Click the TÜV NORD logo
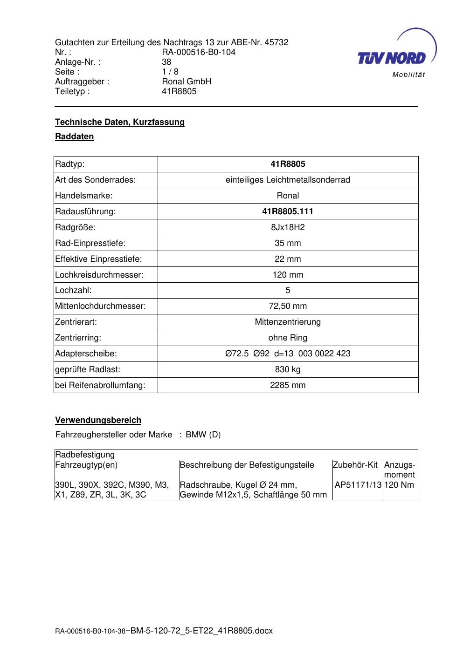pos(392,57)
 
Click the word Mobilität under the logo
pos(408,75)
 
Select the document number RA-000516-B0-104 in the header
pos(199,52)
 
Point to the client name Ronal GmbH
pos(187,82)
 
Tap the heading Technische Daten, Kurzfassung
pos(120,122)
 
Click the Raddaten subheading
pos(75,136)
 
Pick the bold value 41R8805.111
pos(288,211)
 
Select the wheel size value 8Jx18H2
pos(288,227)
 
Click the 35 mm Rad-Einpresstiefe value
pos(288,243)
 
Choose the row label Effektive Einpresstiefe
pos(98,259)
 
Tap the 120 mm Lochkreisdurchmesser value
pos(288,275)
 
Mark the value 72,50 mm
pos(288,306)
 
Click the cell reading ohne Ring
pos(288,338)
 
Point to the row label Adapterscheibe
pos(86,354)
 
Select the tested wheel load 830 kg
pos(288,369)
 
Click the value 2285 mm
pos(288,385)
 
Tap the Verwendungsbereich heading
pos(98,420)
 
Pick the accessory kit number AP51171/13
pos(358,485)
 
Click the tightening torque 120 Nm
pos(399,485)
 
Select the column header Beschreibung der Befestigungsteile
pos(247,465)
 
